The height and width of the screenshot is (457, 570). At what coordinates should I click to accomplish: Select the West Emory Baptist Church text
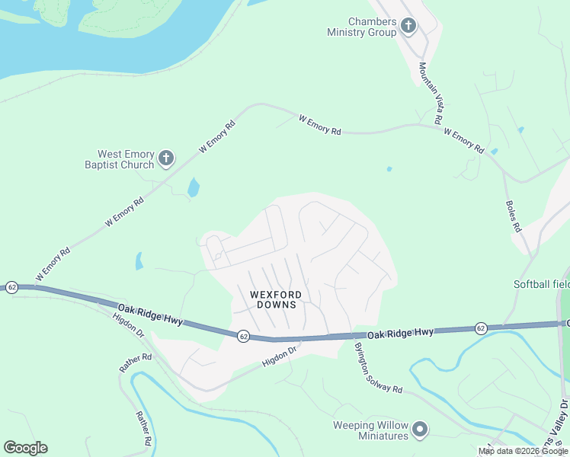pyautogui.click(x=126, y=159)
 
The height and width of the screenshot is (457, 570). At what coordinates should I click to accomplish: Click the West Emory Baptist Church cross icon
pyautogui.click(x=166, y=159)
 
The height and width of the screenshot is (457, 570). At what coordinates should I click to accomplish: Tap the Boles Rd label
pyautogui.click(x=513, y=216)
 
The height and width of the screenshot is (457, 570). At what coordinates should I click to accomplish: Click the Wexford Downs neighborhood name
pyautogui.click(x=276, y=299)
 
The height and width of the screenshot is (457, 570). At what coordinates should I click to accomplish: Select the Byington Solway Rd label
pyautogui.click(x=377, y=368)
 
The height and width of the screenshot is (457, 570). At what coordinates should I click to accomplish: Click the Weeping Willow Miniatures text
pyautogui.click(x=370, y=430)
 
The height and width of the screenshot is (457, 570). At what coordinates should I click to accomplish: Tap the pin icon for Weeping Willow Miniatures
pyautogui.click(x=420, y=431)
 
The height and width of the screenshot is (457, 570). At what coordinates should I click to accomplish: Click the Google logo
pyautogui.click(x=25, y=448)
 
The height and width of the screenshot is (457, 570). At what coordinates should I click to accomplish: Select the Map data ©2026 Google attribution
pyautogui.click(x=523, y=451)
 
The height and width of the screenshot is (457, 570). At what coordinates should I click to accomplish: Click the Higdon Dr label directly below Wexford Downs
pyautogui.click(x=279, y=356)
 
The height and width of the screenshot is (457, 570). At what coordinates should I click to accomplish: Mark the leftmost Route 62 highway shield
pyautogui.click(x=11, y=287)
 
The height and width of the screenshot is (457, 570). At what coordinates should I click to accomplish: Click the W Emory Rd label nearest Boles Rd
pyautogui.click(x=463, y=142)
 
